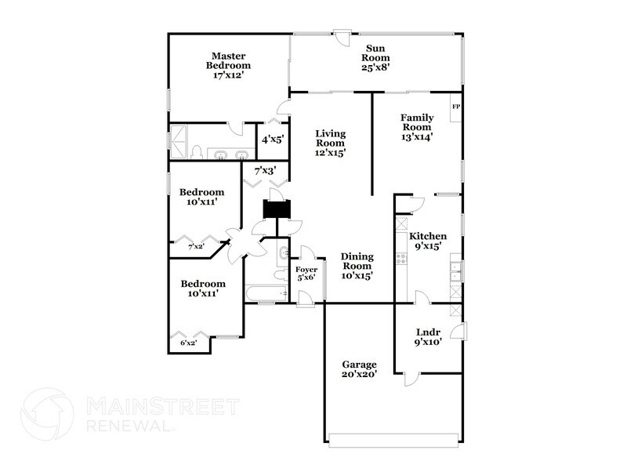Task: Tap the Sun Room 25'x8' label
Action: click(375, 58)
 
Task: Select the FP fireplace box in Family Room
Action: click(455, 106)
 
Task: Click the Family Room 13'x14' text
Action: click(418, 127)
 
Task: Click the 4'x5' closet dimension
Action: click(272, 140)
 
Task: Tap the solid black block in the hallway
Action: click(275, 210)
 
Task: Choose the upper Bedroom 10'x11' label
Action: click(201, 197)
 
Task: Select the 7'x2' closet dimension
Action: click(196, 247)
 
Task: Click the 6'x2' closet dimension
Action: click(188, 343)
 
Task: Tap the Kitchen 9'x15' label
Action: click(428, 241)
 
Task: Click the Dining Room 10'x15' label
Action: click(356, 266)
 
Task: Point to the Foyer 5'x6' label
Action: click(306, 274)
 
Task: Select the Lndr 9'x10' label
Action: click(428, 336)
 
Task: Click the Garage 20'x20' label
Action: click(360, 370)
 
